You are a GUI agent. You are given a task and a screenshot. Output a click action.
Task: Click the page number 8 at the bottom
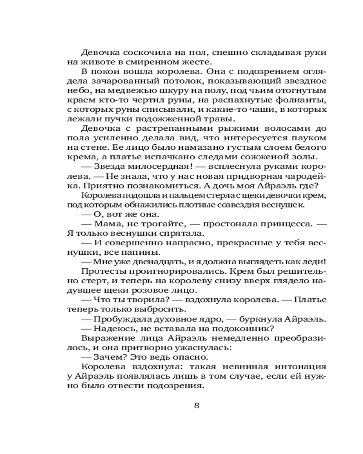pos(196,405)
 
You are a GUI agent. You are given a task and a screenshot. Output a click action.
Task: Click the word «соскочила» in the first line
pos(139,53)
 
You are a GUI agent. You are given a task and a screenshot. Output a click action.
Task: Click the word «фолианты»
pos(300,100)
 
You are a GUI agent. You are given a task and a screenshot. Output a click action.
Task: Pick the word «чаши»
pos(260,110)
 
